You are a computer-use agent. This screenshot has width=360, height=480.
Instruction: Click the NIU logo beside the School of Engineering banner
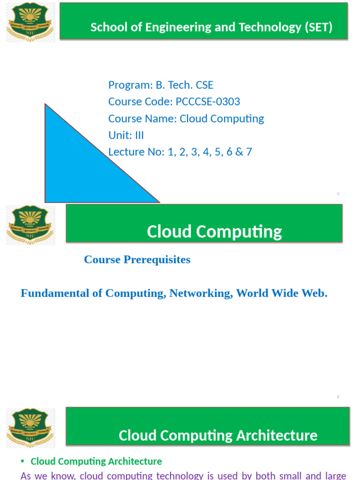tap(30, 22)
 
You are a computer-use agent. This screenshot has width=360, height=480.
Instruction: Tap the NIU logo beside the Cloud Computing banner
tap(30, 225)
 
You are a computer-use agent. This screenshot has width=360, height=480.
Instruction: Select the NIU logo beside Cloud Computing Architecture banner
tap(30, 428)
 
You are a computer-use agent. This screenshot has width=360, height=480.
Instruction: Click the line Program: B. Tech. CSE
tap(161, 85)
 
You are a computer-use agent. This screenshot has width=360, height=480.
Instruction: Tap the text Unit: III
tap(126, 135)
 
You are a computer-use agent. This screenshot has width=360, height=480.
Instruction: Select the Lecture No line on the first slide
tap(180, 152)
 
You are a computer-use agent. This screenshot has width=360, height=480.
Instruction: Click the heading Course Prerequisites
tap(137, 260)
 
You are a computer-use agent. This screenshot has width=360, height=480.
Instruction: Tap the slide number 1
tap(338, 194)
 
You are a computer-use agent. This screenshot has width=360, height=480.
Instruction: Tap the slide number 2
tap(338, 397)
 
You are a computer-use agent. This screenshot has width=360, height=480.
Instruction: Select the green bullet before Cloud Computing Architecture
tap(22, 462)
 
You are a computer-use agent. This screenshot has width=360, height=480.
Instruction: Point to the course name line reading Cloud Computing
tap(186, 119)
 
